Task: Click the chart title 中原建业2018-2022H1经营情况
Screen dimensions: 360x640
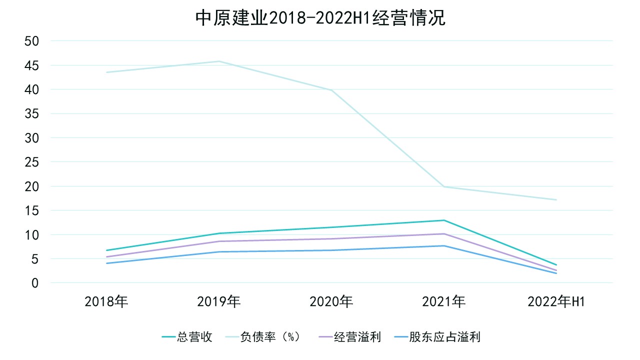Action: coord(320,18)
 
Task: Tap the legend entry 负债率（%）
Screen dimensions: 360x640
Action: coord(270,337)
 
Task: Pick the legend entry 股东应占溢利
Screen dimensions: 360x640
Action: coord(444,337)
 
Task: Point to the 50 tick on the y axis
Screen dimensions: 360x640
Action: coord(31,41)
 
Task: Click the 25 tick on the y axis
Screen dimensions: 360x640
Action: coord(31,162)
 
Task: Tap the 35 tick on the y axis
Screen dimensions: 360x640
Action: coord(31,114)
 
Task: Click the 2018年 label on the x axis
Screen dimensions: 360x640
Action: coord(106,302)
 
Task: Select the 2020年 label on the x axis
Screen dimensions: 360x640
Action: coord(331,302)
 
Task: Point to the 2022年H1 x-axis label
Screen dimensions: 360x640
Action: coord(556,302)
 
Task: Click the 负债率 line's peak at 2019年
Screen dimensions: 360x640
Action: coord(219,61)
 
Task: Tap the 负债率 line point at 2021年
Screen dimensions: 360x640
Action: coord(444,186)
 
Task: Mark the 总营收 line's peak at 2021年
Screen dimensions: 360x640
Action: coord(444,220)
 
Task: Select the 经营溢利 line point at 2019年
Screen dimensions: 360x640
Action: coord(219,241)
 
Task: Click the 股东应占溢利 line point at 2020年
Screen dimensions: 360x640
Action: coord(331,250)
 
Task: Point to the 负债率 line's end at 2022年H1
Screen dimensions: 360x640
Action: coord(556,200)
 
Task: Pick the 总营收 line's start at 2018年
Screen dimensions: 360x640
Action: coord(106,250)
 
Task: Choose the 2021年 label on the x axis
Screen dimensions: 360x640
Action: coord(444,302)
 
